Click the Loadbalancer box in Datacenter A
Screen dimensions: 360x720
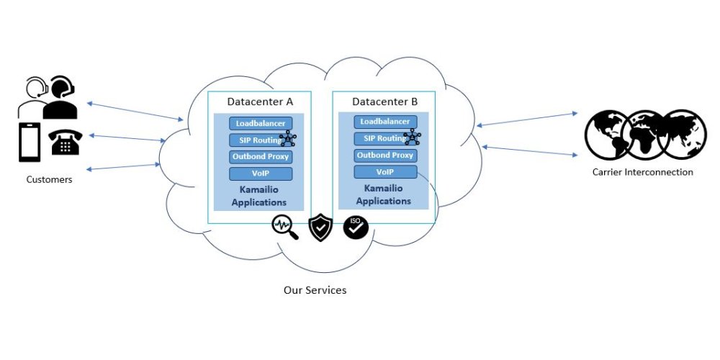click(261, 123)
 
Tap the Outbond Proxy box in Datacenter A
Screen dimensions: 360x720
click(261, 156)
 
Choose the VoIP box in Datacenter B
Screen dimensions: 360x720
click(385, 171)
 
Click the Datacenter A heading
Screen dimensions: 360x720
click(260, 102)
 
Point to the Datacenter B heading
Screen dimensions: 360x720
click(384, 102)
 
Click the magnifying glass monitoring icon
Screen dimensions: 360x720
click(284, 227)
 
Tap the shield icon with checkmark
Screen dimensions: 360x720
click(320, 228)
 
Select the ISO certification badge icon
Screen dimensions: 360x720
click(355, 227)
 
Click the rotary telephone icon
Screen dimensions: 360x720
click(66, 142)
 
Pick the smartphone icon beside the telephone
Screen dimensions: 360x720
click(29, 142)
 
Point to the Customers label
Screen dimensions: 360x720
click(49, 179)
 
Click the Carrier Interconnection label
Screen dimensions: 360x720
click(642, 172)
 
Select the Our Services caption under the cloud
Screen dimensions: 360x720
click(315, 290)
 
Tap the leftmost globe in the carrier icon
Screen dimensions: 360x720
click(606, 135)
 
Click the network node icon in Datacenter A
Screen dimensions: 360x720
click(288, 139)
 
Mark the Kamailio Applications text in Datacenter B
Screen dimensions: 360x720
click(383, 195)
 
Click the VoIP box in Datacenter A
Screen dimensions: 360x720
click(261, 174)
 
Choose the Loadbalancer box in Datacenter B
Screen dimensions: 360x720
click(385, 122)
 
